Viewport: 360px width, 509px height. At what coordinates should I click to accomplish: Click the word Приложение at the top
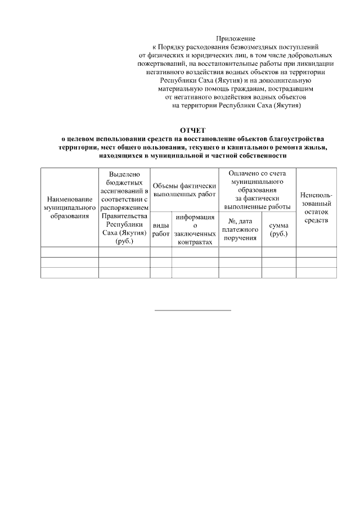236,38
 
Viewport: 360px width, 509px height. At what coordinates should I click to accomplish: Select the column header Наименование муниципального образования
70,208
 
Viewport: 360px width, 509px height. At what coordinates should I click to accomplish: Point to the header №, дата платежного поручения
240,229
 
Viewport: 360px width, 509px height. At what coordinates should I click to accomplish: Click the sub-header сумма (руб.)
278,229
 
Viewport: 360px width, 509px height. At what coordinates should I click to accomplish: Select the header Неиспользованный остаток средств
316,208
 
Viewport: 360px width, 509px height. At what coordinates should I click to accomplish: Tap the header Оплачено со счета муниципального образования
257,190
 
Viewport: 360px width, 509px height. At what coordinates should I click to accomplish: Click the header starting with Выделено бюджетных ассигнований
124,208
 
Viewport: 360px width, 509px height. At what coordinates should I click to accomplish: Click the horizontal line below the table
193,310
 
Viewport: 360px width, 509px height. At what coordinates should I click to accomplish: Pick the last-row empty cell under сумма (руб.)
278,272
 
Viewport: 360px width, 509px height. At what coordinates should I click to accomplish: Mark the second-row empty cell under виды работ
161,262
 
